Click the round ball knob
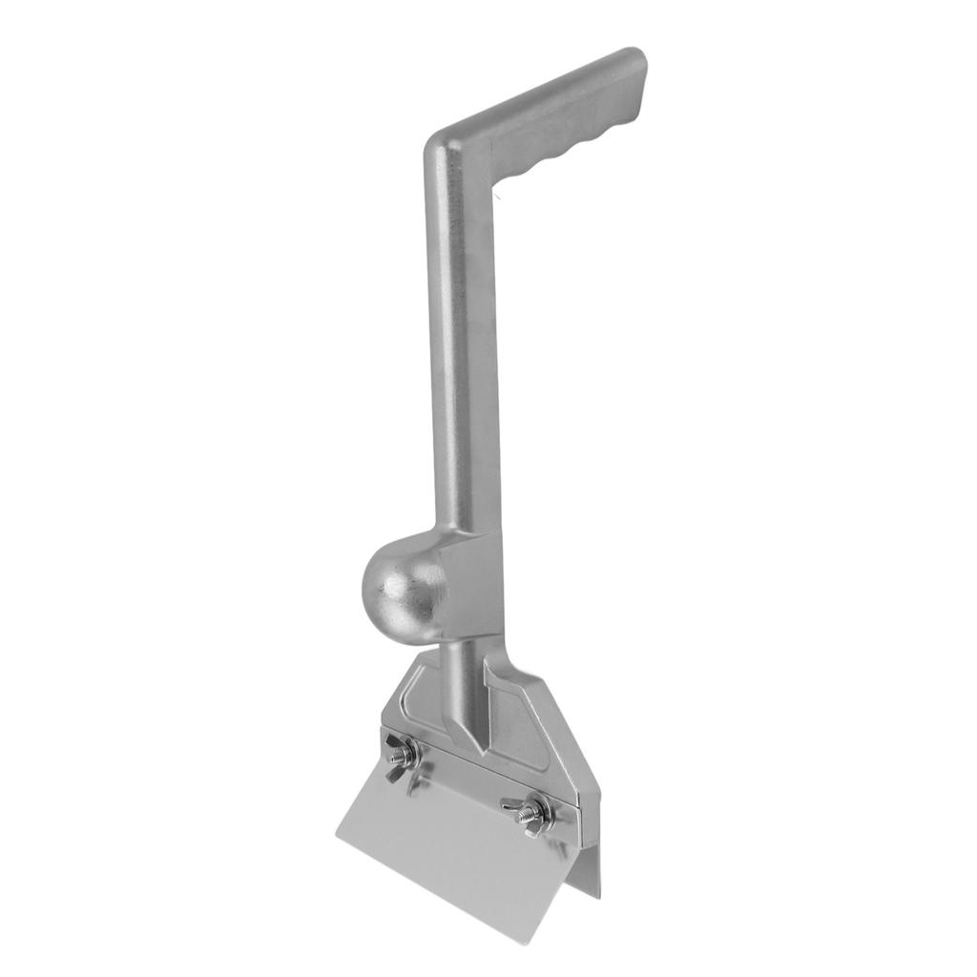[x=402, y=584]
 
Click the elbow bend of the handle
[x=448, y=153]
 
